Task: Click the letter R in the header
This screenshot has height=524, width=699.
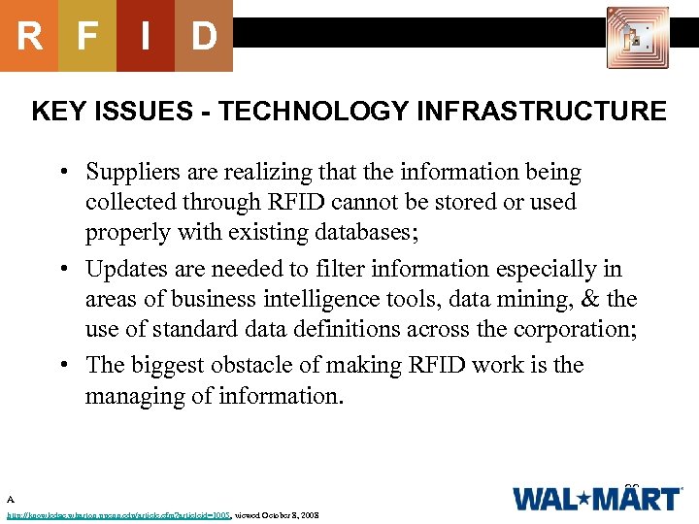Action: click(x=29, y=37)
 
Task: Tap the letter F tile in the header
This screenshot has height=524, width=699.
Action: click(x=87, y=37)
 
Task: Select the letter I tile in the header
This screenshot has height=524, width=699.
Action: click(x=145, y=37)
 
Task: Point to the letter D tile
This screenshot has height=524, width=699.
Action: click(x=204, y=37)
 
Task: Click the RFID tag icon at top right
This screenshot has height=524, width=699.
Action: click(x=637, y=37)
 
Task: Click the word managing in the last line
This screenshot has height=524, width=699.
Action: click(x=125, y=397)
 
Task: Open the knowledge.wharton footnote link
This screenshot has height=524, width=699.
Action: click(x=117, y=515)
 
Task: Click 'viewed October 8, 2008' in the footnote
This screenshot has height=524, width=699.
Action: click(x=277, y=515)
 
